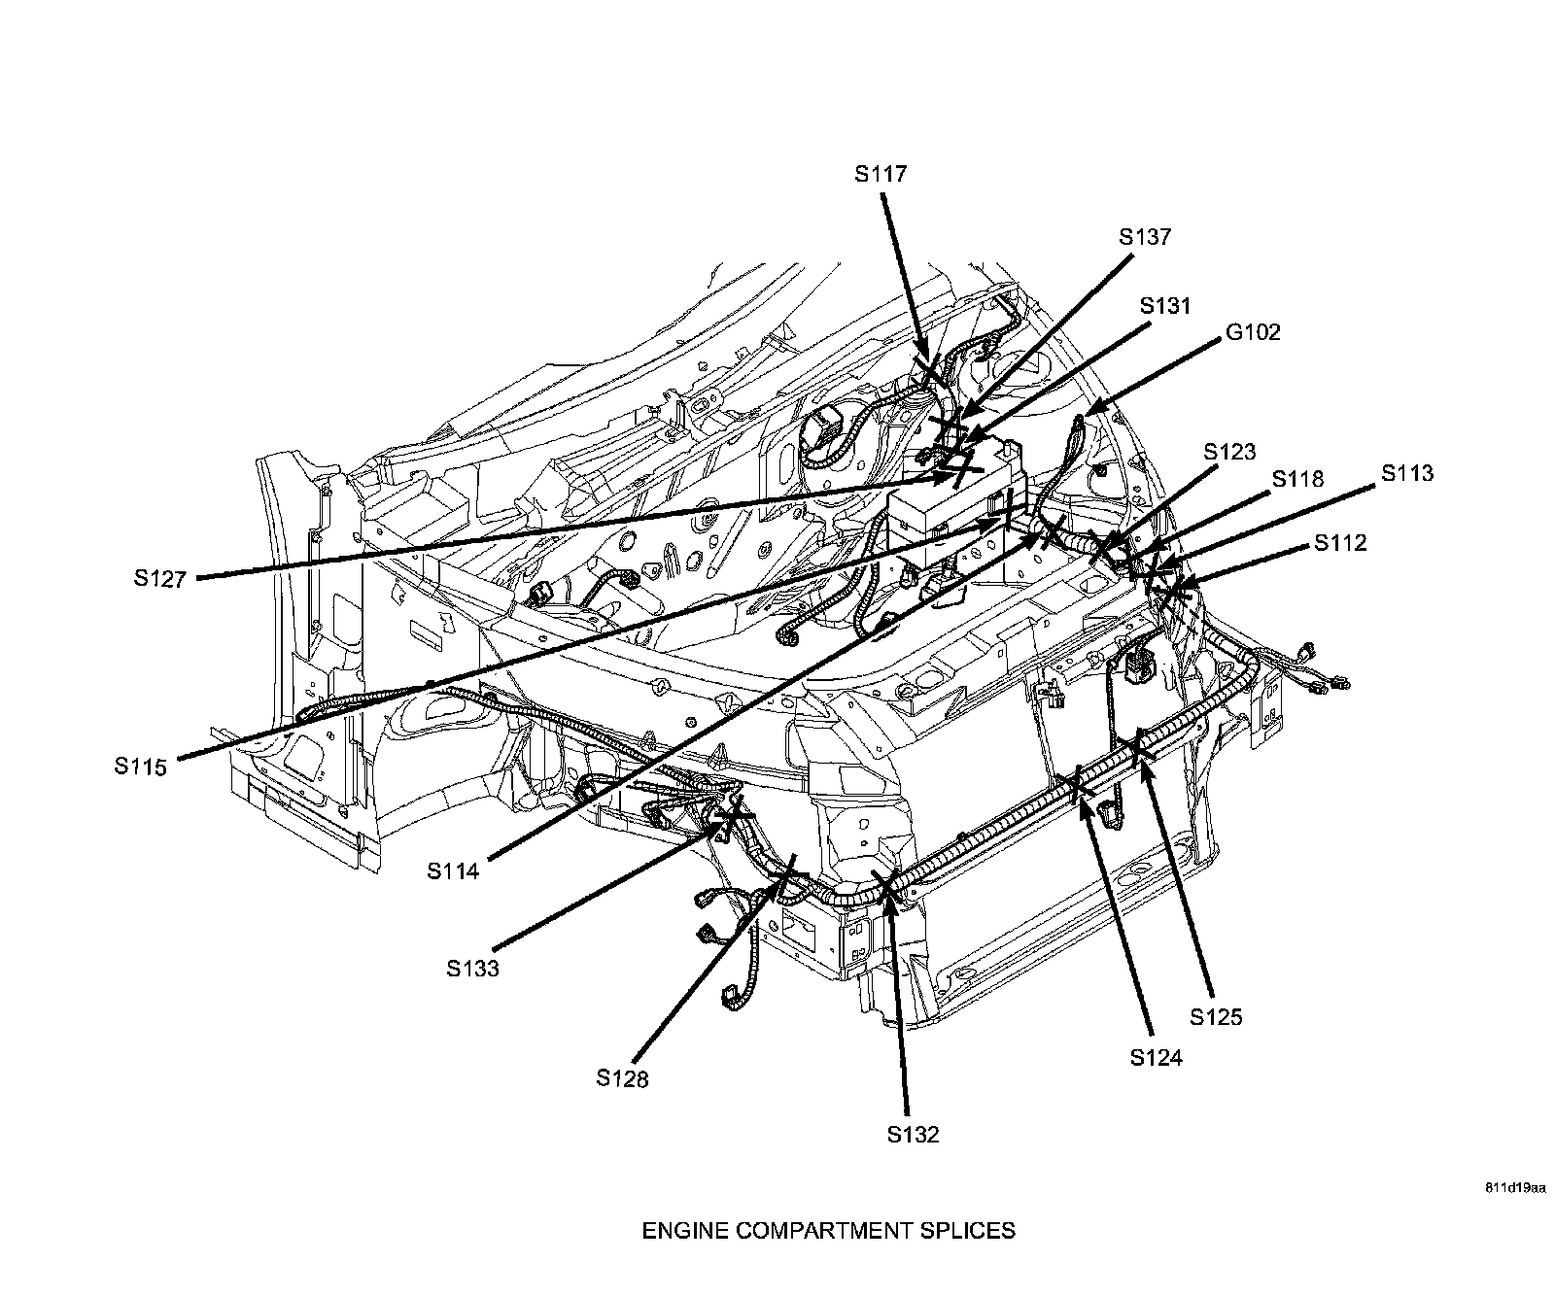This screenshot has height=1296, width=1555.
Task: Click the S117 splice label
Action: tap(881, 175)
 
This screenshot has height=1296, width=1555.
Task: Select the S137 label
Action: tap(1145, 237)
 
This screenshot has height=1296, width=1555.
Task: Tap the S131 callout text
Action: tap(1164, 306)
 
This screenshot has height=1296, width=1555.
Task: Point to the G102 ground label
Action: tap(1253, 332)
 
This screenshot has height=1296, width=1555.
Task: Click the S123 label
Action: tap(1229, 452)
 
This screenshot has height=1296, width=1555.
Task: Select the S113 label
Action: tap(1407, 473)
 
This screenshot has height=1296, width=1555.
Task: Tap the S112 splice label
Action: tap(1340, 543)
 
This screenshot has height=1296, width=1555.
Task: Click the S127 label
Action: tap(160, 579)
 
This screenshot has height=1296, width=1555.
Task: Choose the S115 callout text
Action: tap(140, 766)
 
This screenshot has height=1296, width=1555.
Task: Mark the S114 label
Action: tap(453, 870)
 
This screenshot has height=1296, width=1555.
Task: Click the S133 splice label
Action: tap(472, 968)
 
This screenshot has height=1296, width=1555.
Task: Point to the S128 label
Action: tap(622, 1077)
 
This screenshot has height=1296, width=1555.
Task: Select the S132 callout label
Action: tap(913, 1134)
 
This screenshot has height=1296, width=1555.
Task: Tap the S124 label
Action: tap(1156, 1058)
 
